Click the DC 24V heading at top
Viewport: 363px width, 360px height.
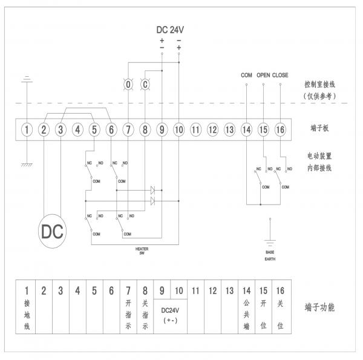(x=170, y=30)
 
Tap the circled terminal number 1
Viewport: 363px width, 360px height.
(x=27, y=129)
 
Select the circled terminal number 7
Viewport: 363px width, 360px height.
(x=128, y=129)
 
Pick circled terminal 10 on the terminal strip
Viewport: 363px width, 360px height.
(x=179, y=129)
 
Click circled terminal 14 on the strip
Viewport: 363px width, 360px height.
(x=246, y=129)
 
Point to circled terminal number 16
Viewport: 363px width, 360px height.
(x=280, y=129)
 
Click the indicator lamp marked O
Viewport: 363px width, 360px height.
(x=128, y=85)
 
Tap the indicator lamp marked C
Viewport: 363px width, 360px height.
(x=145, y=85)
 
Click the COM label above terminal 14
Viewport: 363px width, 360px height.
(x=246, y=75)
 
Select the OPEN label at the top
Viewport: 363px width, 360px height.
(x=263, y=75)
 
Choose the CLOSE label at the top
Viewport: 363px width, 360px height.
(x=281, y=75)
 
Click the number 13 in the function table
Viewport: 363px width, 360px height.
(x=229, y=290)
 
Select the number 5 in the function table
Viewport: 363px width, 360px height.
(x=94, y=290)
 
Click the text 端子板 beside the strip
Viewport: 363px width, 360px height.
(x=318, y=129)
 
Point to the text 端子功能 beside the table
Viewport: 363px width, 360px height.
(x=320, y=307)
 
